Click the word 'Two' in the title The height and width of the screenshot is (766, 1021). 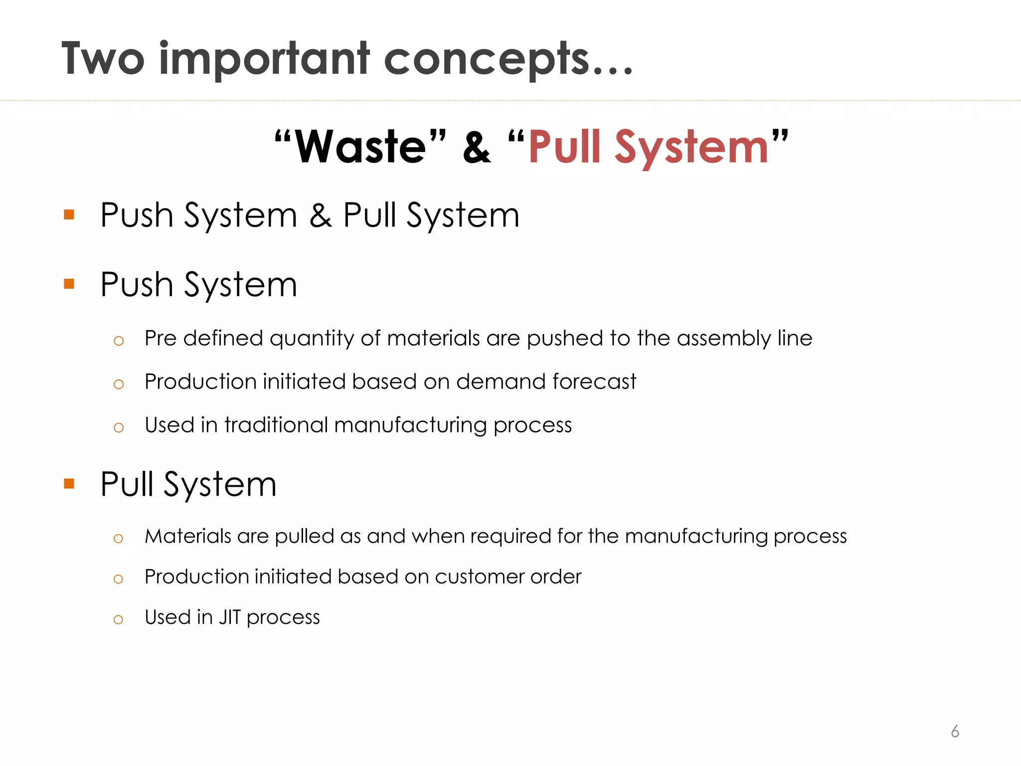(x=103, y=59)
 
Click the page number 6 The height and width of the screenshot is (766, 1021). (x=955, y=731)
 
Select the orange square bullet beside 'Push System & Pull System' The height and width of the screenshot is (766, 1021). (x=69, y=215)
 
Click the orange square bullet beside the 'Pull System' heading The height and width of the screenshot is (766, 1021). (x=69, y=483)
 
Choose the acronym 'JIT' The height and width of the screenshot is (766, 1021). (x=230, y=617)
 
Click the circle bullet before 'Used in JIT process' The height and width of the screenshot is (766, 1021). (x=118, y=620)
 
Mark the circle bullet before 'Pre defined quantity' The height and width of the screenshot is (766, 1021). (x=118, y=341)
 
